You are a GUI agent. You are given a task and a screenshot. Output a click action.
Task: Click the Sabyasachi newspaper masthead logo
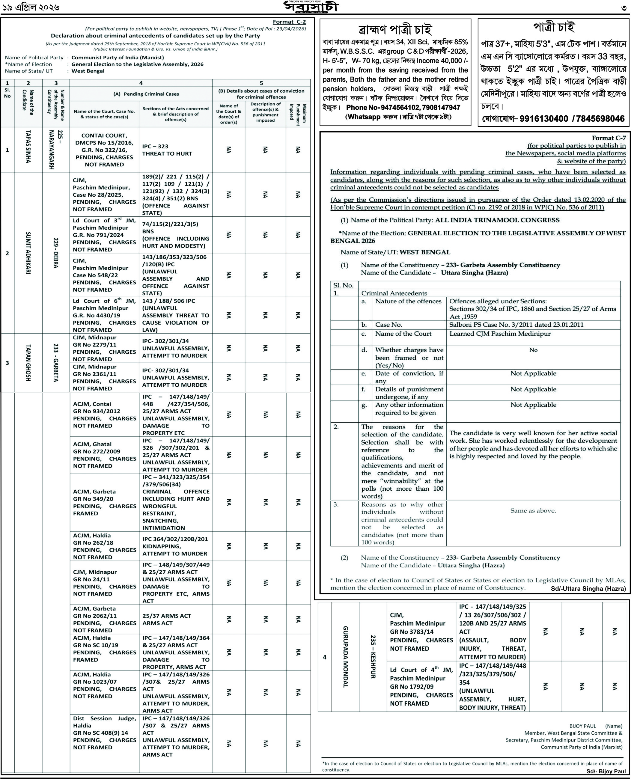(x=311, y=7)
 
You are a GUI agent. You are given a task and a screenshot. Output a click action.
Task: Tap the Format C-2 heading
(x=289, y=22)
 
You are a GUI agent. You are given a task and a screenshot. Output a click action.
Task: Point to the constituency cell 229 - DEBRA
(x=56, y=253)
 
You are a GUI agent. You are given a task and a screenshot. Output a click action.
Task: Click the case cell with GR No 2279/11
(x=104, y=348)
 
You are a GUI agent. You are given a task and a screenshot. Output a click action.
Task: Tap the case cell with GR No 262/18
(x=104, y=546)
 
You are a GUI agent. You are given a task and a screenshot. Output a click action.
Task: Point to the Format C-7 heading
(x=609, y=138)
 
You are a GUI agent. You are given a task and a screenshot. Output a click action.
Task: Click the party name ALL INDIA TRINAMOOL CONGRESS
(x=497, y=220)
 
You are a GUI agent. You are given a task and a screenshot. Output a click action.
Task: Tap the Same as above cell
(x=533, y=511)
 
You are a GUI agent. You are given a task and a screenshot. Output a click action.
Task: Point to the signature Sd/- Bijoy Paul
(x=606, y=771)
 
